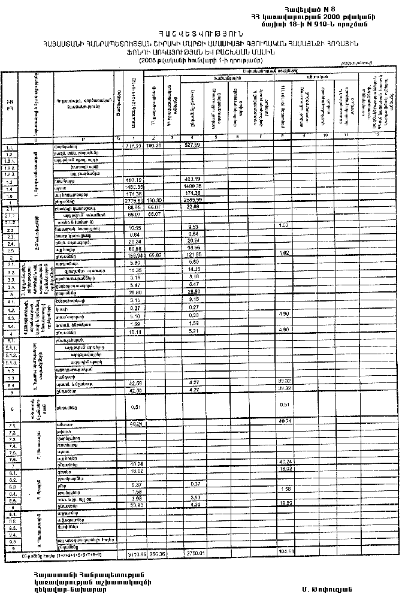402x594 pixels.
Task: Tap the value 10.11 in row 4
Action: pos(134,330)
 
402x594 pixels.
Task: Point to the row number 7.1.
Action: pos(9,424)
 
